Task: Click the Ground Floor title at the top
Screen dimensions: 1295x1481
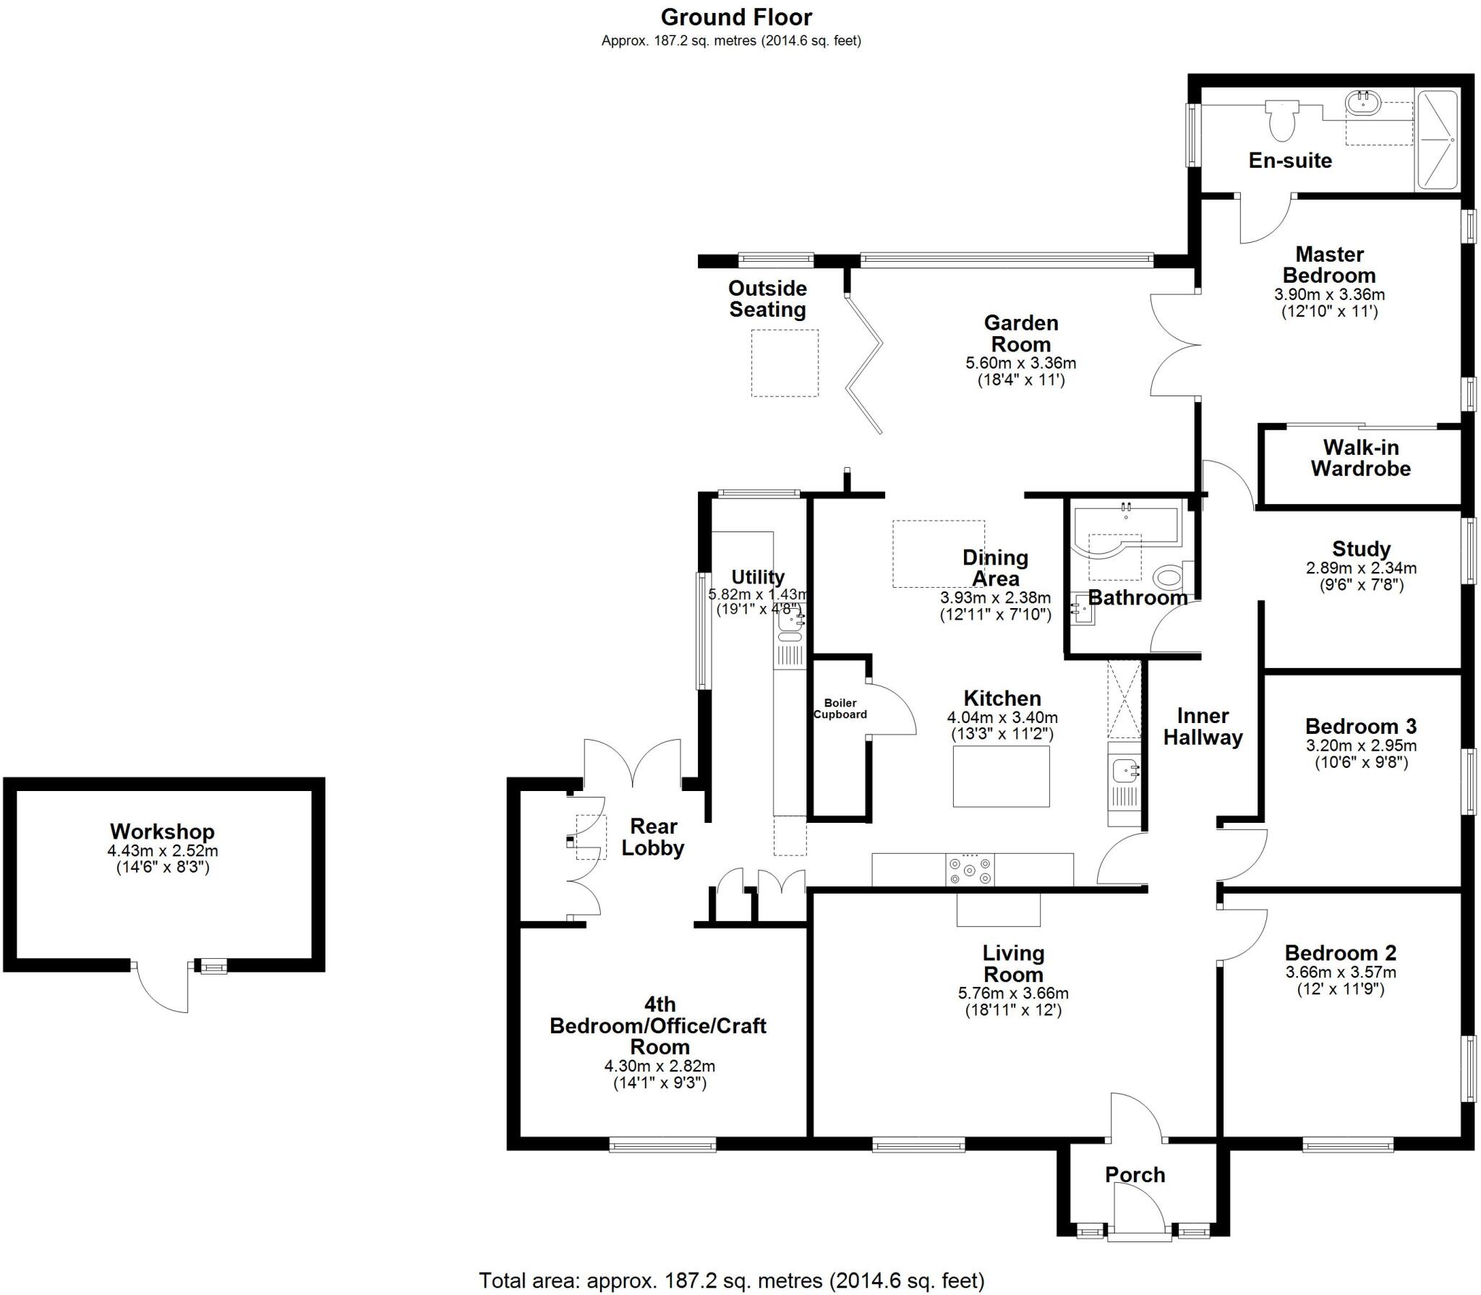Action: click(736, 17)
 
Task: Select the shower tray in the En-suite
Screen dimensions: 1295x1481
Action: click(1436, 140)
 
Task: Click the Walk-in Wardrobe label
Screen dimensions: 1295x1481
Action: click(1360, 458)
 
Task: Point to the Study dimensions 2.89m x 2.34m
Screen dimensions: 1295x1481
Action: click(1360, 568)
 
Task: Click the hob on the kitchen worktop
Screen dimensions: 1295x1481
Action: click(970, 870)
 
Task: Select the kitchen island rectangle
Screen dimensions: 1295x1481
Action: click(1001, 776)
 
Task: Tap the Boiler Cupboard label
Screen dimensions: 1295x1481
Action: click(840, 709)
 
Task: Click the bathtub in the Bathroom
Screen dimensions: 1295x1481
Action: click(1125, 532)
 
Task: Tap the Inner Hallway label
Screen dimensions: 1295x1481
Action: click(1203, 727)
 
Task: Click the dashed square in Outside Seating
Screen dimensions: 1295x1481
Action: click(785, 363)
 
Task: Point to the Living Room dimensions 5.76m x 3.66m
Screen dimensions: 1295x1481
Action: click(1012, 993)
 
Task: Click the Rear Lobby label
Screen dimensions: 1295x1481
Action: click(652, 837)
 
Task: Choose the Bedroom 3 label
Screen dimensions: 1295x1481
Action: click(1360, 726)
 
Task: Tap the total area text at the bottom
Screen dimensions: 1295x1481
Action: click(731, 1281)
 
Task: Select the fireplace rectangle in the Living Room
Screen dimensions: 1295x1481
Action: click(998, 910)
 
